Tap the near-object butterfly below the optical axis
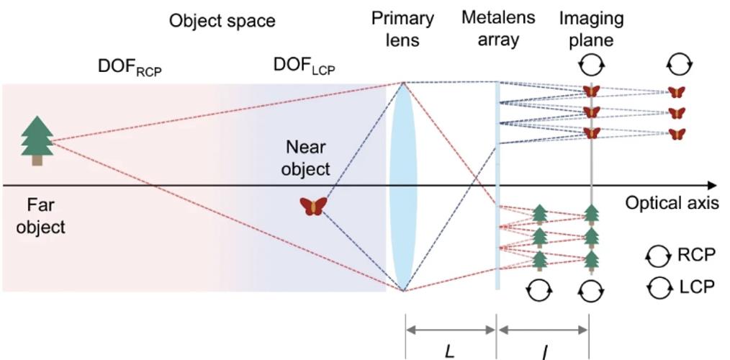313,207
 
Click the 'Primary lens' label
402,28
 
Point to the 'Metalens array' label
498,28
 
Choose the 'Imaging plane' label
591,28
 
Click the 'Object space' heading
222,20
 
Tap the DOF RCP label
130,67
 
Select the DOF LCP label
304,66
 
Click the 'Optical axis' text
671,203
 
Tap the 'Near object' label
306,158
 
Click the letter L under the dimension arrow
450,351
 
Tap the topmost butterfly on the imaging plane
591,91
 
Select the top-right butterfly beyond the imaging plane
676,92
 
